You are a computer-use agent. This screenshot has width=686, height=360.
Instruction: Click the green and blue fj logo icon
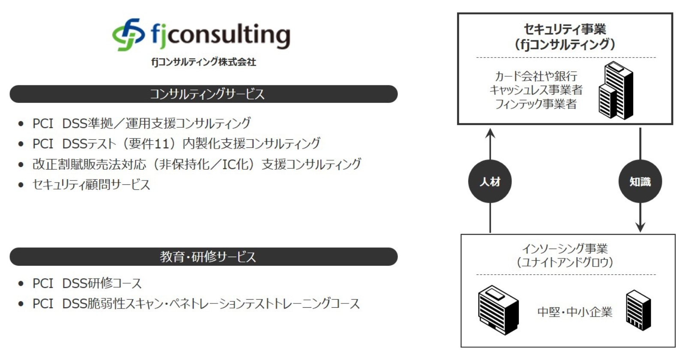pyautogui.click(x=128, y=35)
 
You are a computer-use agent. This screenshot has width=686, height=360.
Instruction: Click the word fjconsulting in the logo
pyautogui.click(x=220, y=35)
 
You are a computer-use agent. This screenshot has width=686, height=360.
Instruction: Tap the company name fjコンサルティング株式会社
pyautogui.click(x=204, y=62)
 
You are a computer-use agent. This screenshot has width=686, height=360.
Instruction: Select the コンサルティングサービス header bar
pyautogui.click(x=204, y=94)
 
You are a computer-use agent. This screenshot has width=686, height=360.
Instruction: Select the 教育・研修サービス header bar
pyautogui.click(x=204, y=257)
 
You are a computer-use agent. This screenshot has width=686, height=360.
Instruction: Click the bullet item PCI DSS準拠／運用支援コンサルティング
pyautogui.click(x=142, y=123)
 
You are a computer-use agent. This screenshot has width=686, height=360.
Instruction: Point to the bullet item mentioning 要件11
pyautogui.click(x=176, y=144)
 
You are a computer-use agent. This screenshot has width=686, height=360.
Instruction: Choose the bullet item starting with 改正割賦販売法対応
pyautogui.click(x=197, y=165)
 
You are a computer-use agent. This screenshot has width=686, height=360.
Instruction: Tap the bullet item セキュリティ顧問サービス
pyautogui.click(x=91, y=185)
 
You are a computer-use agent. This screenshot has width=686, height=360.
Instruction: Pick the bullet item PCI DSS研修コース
pyautogui.click(x=87, y=283)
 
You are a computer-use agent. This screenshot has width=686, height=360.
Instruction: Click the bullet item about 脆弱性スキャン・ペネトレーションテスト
pyautogui.click(x=196, y=304)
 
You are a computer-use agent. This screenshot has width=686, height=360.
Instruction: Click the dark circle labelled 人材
pyautogui.click(x=490, y=181)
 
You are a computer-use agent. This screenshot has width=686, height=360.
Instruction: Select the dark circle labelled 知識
pyautogui.click(x=641, y=181)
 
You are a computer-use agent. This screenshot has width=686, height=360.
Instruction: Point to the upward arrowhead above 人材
pyautogui.click(x=490, y=133)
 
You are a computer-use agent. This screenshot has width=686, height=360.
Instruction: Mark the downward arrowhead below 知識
pyautogui.click(x=641, y=227)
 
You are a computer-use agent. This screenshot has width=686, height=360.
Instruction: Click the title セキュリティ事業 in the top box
pyautogui.click(x=565, y=30)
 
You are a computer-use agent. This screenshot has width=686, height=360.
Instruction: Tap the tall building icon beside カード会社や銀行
pyautogui.click(x=616, y=90)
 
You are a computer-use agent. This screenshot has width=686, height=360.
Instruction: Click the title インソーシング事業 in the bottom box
pyautogui.click(x=565, y=249)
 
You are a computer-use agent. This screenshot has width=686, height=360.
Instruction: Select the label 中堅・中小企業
pyautogui.click(x=575, y=312)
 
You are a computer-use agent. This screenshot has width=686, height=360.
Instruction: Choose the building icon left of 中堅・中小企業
pyautogui.click(x=498, y=310)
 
